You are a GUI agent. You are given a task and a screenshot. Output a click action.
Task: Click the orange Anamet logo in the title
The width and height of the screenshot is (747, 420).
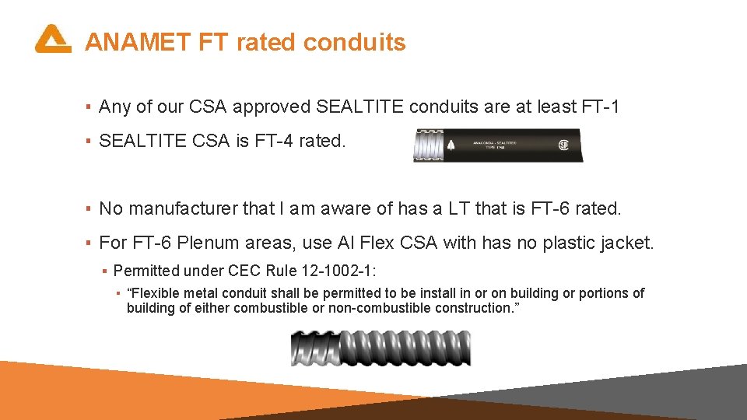coord(53,39)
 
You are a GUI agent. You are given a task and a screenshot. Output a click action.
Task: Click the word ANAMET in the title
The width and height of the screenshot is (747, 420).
coord(136,42)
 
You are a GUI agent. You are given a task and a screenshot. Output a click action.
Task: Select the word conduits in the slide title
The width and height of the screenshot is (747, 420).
coord(354,42)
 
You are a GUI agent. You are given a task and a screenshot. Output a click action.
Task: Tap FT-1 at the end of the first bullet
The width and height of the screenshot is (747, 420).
coord(600,107)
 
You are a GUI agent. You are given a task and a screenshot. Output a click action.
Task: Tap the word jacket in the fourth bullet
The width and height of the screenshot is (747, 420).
coord(627,243)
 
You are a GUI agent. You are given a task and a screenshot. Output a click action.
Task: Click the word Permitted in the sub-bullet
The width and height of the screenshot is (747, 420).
coord(144,271)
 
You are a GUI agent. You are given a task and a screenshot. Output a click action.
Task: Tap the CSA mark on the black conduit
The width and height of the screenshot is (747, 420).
coord(563,145)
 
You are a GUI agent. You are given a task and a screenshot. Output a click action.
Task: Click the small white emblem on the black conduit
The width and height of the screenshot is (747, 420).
coord(452,145)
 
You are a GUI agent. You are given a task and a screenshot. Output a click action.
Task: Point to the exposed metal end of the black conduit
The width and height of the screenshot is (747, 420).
coord(426,145)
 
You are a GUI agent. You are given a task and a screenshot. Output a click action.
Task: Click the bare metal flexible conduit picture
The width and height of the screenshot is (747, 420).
coord(381,348)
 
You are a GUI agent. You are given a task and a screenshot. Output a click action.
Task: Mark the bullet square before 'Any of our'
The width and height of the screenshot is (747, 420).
coord(89,107)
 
